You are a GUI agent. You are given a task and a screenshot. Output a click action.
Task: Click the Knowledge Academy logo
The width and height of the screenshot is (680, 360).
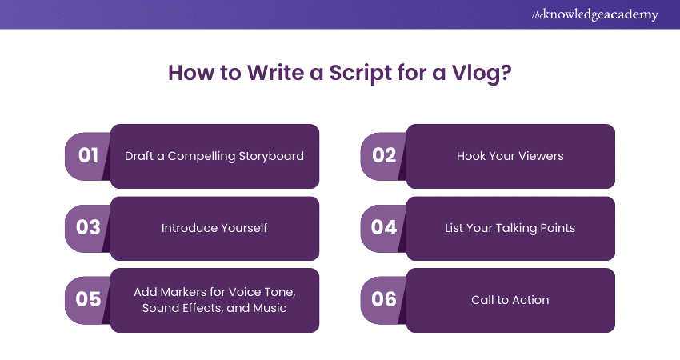tap(594, 14)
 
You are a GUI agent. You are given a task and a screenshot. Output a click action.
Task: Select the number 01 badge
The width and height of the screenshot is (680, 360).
tap(88, 156)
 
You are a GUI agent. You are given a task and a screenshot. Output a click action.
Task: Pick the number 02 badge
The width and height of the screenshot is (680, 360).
tap(384, 156)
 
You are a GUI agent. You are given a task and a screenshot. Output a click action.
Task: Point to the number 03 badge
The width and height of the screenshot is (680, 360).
tap(88, 228)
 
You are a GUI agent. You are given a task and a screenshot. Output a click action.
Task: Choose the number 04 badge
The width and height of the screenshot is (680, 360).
tap(384, 228)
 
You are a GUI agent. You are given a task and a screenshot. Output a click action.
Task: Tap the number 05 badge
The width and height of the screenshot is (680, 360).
tap(88, 300)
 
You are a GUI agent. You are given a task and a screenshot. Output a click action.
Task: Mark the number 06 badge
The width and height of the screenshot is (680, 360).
tap(384, 300)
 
